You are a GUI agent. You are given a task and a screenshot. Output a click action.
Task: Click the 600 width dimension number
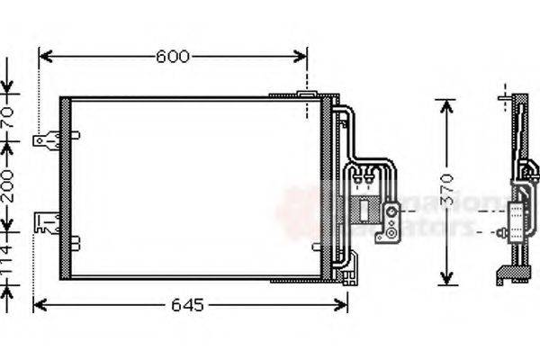(x=173, y=57)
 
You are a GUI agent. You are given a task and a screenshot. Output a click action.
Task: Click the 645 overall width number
(x=187, y=305)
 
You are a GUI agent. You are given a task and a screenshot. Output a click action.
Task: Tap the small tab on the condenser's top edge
(x=305, y=94)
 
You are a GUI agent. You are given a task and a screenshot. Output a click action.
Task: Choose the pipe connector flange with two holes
(x=392, y=223)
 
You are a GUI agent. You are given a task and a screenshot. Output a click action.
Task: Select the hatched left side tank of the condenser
(x=65, y=186)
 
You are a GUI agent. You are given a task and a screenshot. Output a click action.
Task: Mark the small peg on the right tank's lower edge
(x=316, y=246)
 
